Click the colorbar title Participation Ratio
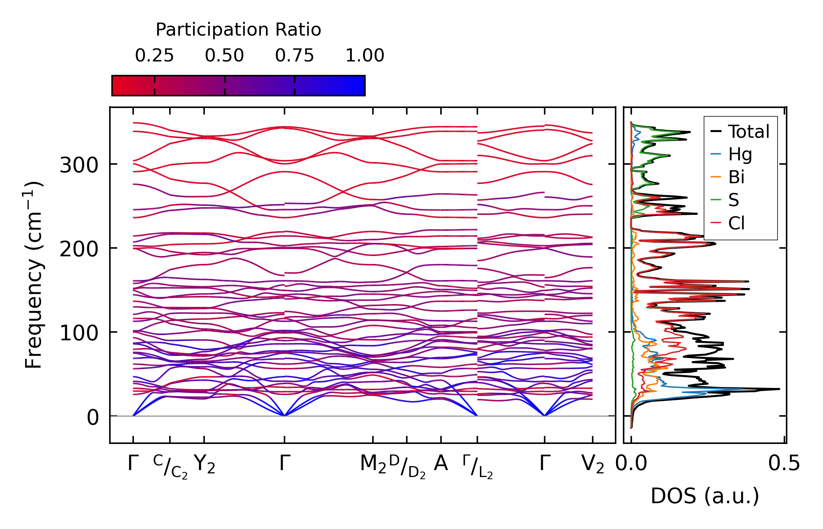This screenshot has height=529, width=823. pyautogui.click(x=238, y=30)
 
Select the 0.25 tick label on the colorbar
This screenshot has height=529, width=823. pyautogui.click(x=154, y=56)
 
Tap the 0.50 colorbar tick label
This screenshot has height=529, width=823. pyautogui.click(x=224, y=56)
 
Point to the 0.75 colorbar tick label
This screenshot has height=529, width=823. pyautogui.click(x=294, y=56)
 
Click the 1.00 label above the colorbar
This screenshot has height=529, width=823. pyautogui.click(x=365, y=56)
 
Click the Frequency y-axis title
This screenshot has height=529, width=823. pyautogui.click(x=34, y=275)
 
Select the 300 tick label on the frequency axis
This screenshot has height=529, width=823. pyautogui.click(x=79, y=166)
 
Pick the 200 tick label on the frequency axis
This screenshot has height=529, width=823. pyautogui.click(x=79, y=250)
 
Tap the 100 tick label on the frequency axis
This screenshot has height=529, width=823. pyautogui.click(x=79, y=333)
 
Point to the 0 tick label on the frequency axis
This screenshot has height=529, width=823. pyautogui.click(x=92, y=417)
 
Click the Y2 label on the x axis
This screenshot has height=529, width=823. pyautogui.click(x=204, y=464)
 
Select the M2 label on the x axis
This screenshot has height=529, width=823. pyautogui.click(x=373, y=464)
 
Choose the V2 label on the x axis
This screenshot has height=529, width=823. pyautogui.click(x=593, y=464)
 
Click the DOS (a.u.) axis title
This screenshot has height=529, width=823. pyautogui.click(x=705, y=496)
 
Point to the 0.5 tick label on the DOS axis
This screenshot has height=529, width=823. pyautogui.click(x=784, y=464)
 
